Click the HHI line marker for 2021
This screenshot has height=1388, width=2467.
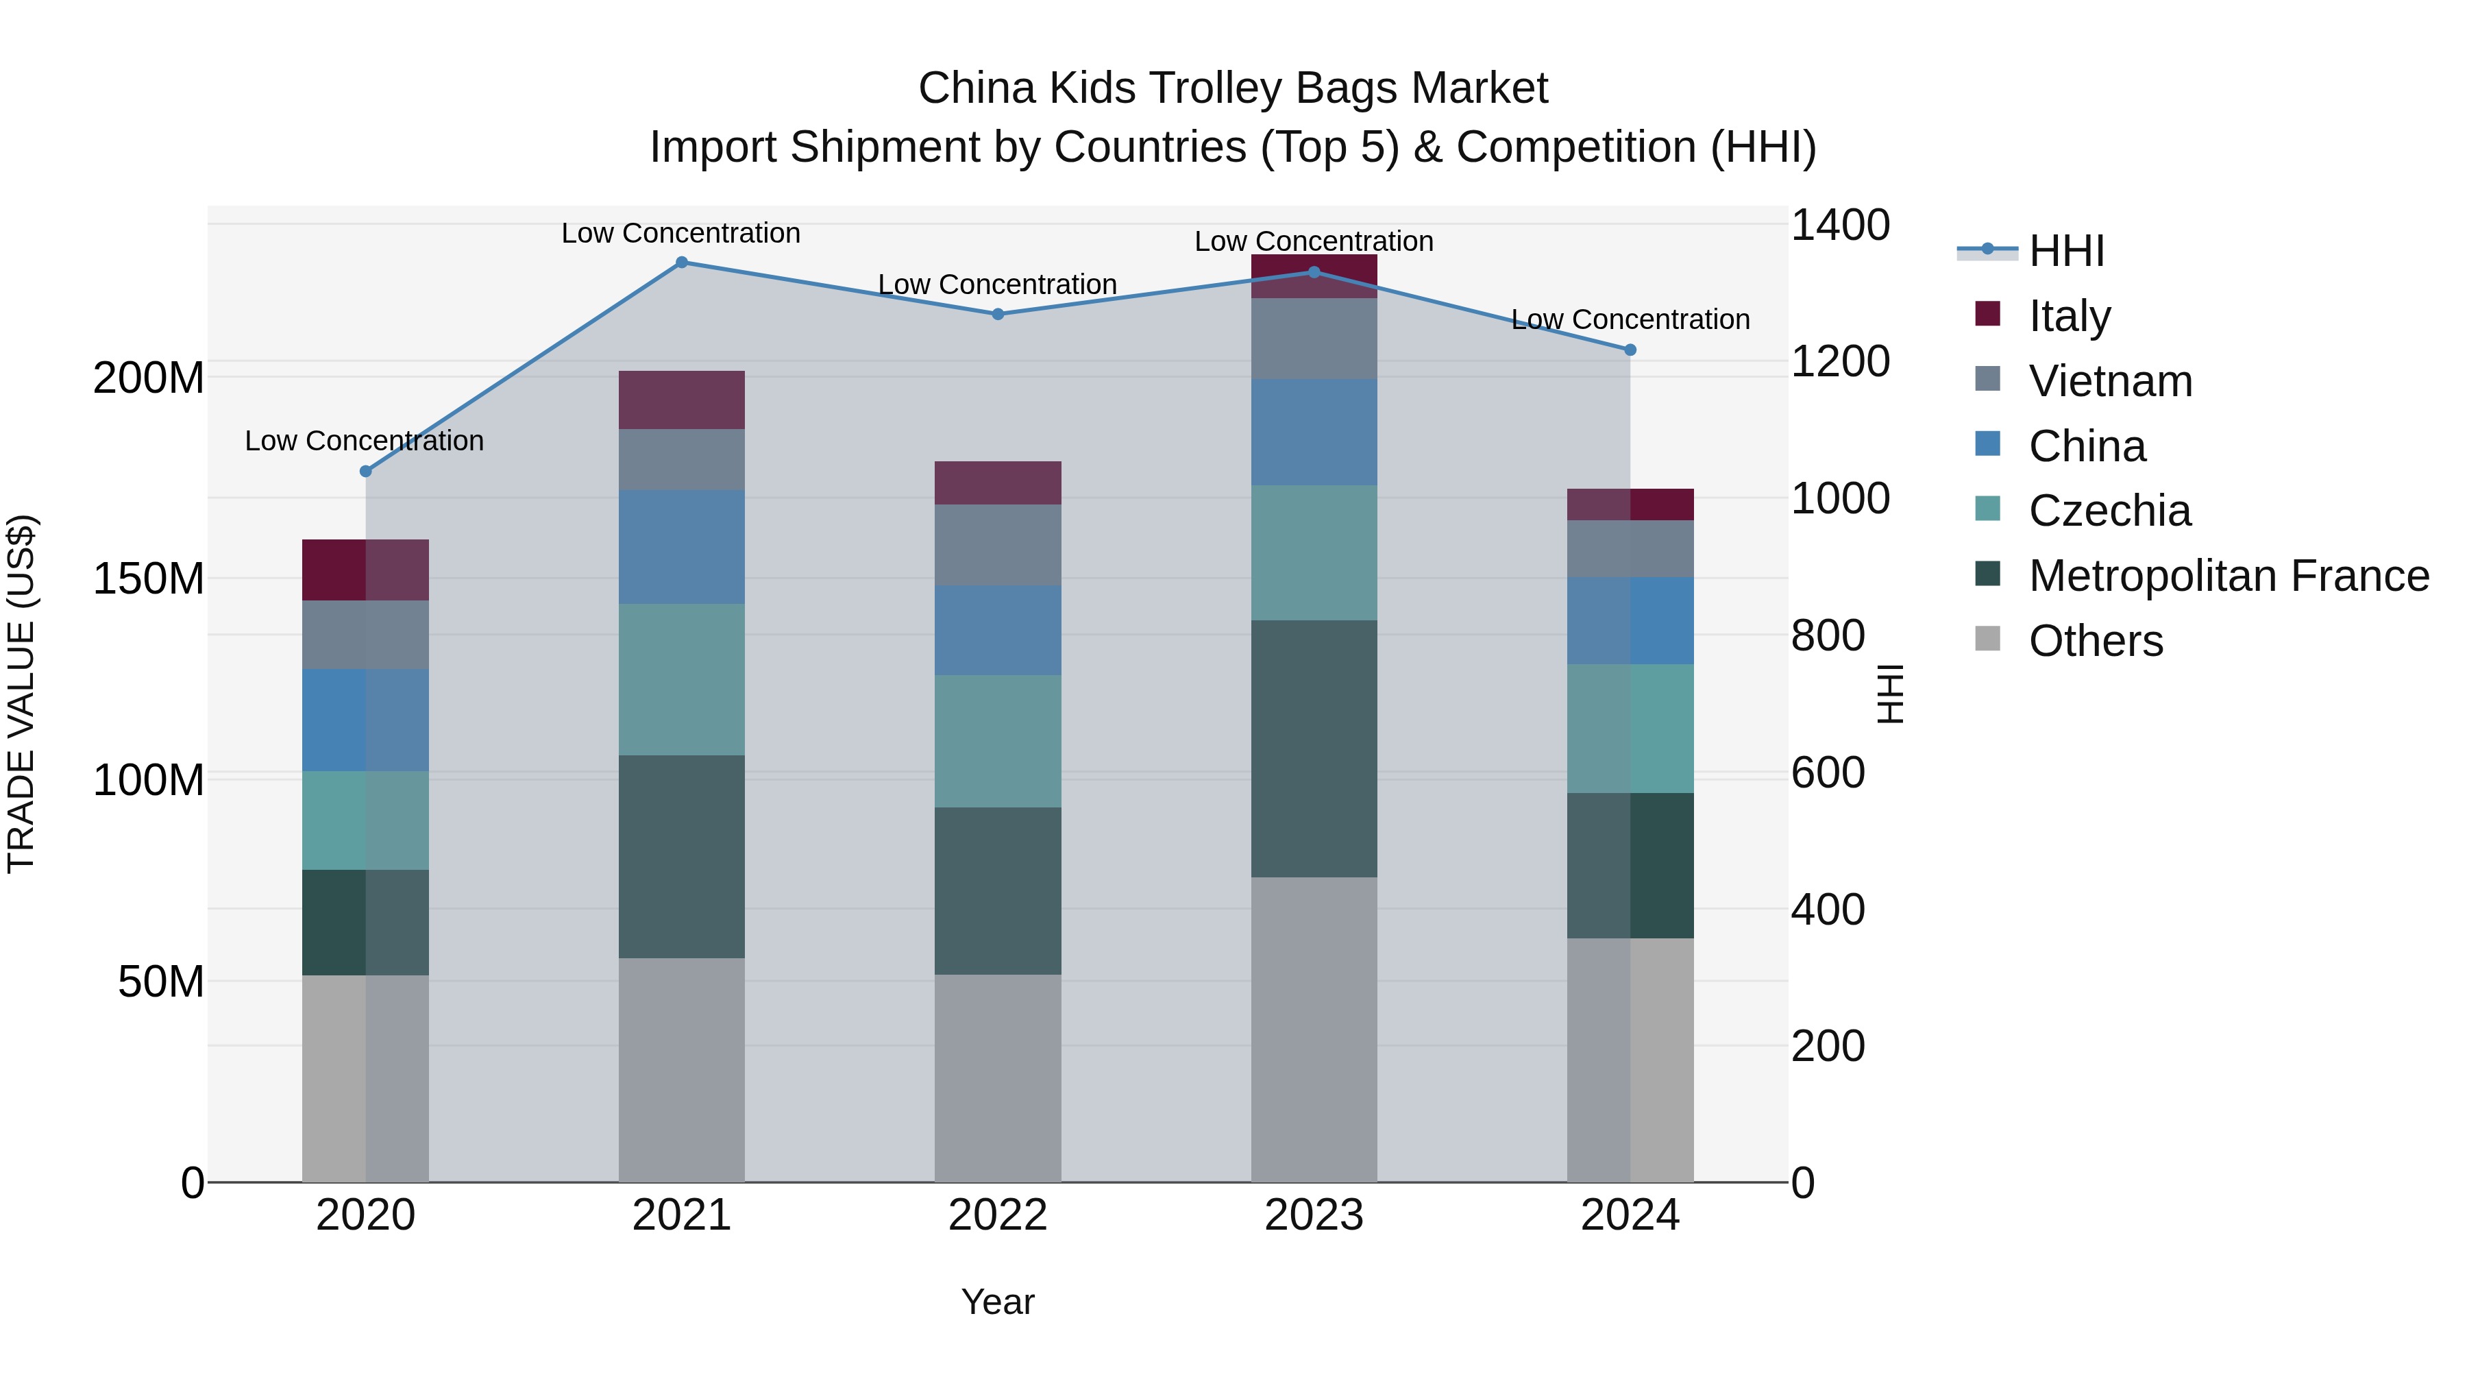point(681,263)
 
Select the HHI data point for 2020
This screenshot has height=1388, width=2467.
point(365,472)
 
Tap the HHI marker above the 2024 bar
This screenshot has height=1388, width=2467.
point(1630,350)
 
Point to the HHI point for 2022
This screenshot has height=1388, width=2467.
point(997,314)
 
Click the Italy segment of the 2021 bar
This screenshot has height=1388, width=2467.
point(681,400)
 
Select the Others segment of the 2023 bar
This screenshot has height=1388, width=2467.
point(1313,1029)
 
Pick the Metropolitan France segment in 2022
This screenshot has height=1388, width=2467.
point(997,891)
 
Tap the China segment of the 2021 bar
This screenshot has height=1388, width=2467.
point(681,547)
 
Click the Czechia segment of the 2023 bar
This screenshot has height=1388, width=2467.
point(1313,552)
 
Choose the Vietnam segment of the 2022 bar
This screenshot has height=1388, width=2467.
point(997,545)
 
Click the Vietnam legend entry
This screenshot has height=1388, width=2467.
point(2110,381)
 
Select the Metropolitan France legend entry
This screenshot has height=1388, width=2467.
point(2228,576)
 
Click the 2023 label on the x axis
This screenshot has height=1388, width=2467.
point(1313,1215)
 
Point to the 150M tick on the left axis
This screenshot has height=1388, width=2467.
point(149,579)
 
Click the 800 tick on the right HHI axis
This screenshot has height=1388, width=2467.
point(1827,635)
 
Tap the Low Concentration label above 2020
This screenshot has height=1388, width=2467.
point(364,441)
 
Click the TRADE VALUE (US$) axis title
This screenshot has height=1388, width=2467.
point(21,694)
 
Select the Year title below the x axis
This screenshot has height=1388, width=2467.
point(997,1302)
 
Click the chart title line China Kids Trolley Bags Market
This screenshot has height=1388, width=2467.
point(1233,88)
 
